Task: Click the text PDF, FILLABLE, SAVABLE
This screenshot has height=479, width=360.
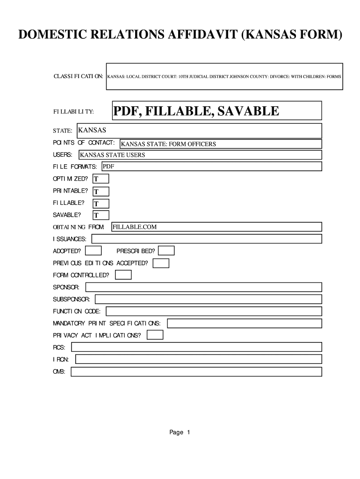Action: tap(196, 111)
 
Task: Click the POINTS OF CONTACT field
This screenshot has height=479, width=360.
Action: tap(220, 144)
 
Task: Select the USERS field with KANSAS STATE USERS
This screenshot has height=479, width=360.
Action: tap(200, 155)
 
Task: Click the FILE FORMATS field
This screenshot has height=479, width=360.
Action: tap(211, 167)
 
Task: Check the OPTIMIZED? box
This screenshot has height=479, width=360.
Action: tap(101, 179)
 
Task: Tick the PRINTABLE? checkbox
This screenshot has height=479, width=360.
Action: tap(101, 191)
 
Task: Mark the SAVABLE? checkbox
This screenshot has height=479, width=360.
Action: tap(101, 215)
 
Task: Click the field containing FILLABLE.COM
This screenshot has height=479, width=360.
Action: tap(216, 227)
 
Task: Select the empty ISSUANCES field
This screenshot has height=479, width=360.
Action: tap(206, 239)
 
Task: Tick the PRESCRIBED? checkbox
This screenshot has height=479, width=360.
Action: tap(167, 251)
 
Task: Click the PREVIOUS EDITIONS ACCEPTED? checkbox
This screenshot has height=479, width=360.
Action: tap(161, 263)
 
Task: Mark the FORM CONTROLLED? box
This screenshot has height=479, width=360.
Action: tap(123, 275)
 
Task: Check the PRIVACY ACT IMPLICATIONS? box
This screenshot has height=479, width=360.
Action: tap(155, 335)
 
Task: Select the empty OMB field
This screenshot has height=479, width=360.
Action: tap(196, 371)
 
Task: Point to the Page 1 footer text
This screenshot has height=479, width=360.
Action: tap(180, 433)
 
